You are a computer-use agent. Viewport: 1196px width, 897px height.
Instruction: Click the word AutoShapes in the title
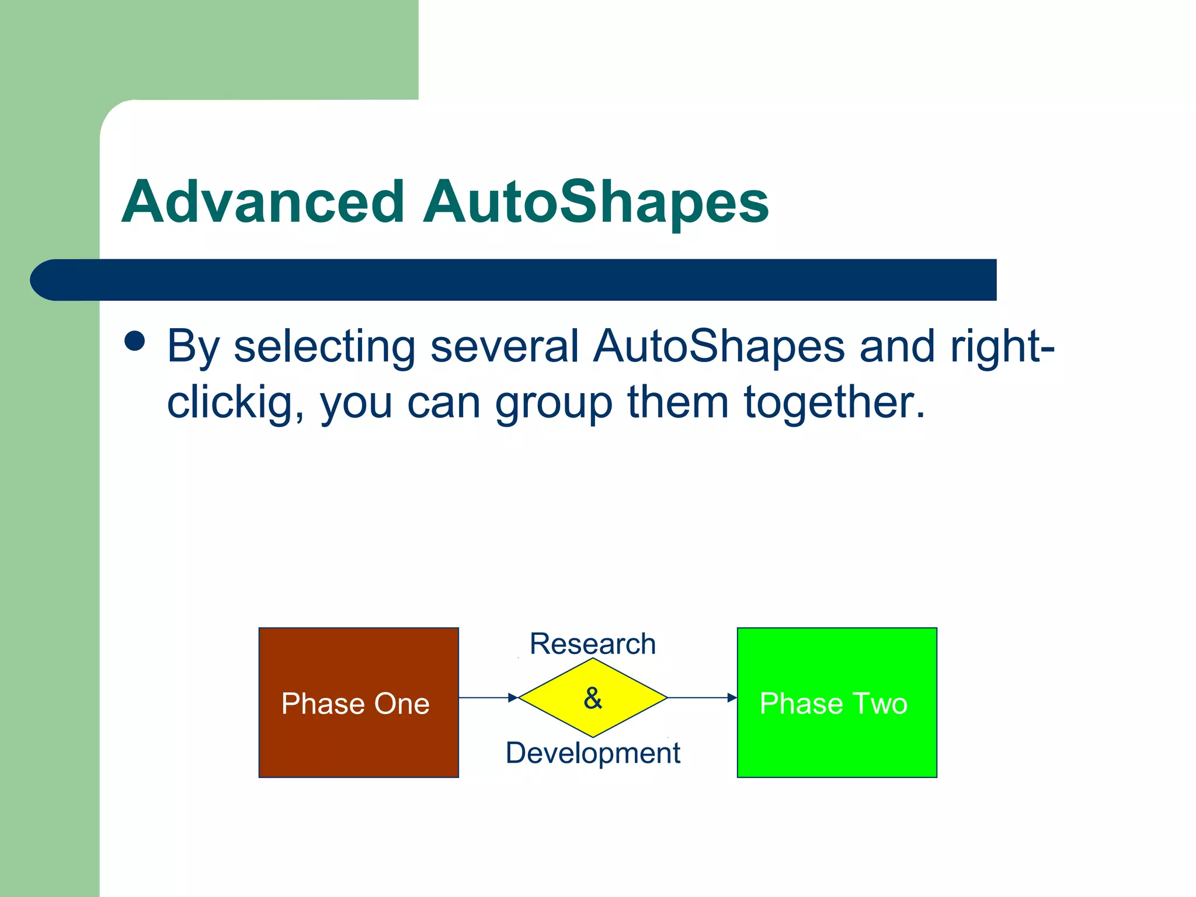[x=596, y=202]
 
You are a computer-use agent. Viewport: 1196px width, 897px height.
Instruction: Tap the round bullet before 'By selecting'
[x=135, y=341]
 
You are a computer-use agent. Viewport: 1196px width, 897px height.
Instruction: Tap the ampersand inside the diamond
[x=593, y=698]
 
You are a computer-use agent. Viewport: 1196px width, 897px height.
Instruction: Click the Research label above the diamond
[x=593, y=644]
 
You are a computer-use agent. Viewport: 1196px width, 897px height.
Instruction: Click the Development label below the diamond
[x=593, y=752]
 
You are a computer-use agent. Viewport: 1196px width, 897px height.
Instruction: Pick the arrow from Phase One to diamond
[x=488, y=697]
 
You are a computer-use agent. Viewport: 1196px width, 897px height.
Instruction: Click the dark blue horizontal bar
[x=526, y=280]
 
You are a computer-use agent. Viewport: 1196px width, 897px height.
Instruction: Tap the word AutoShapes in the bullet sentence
[x=719, y=346]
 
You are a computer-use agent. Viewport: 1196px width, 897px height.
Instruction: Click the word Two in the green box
[x=880, y=703]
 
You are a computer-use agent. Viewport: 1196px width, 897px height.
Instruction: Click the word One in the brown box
[x=402, y=703]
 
